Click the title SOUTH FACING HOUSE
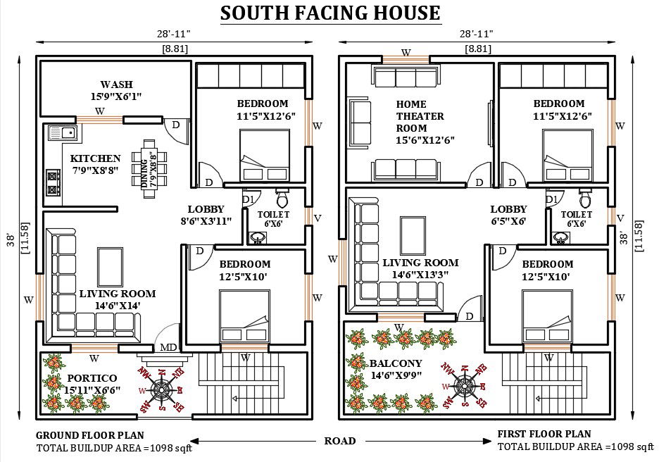(x=330, y=13)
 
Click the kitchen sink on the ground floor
(x=62, y=132)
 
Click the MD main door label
(x=168, y=347)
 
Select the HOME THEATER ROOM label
(x=420, y=122)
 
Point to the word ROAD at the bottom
(x=340, y=441)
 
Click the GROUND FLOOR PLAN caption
(x=89, y=435)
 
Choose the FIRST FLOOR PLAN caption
(x=544, y=434)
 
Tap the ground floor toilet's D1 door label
(x=247, y=199)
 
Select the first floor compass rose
(x=465, y=385)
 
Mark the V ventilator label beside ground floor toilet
(x=317, y=218)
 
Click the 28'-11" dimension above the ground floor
(x=174, y=33)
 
